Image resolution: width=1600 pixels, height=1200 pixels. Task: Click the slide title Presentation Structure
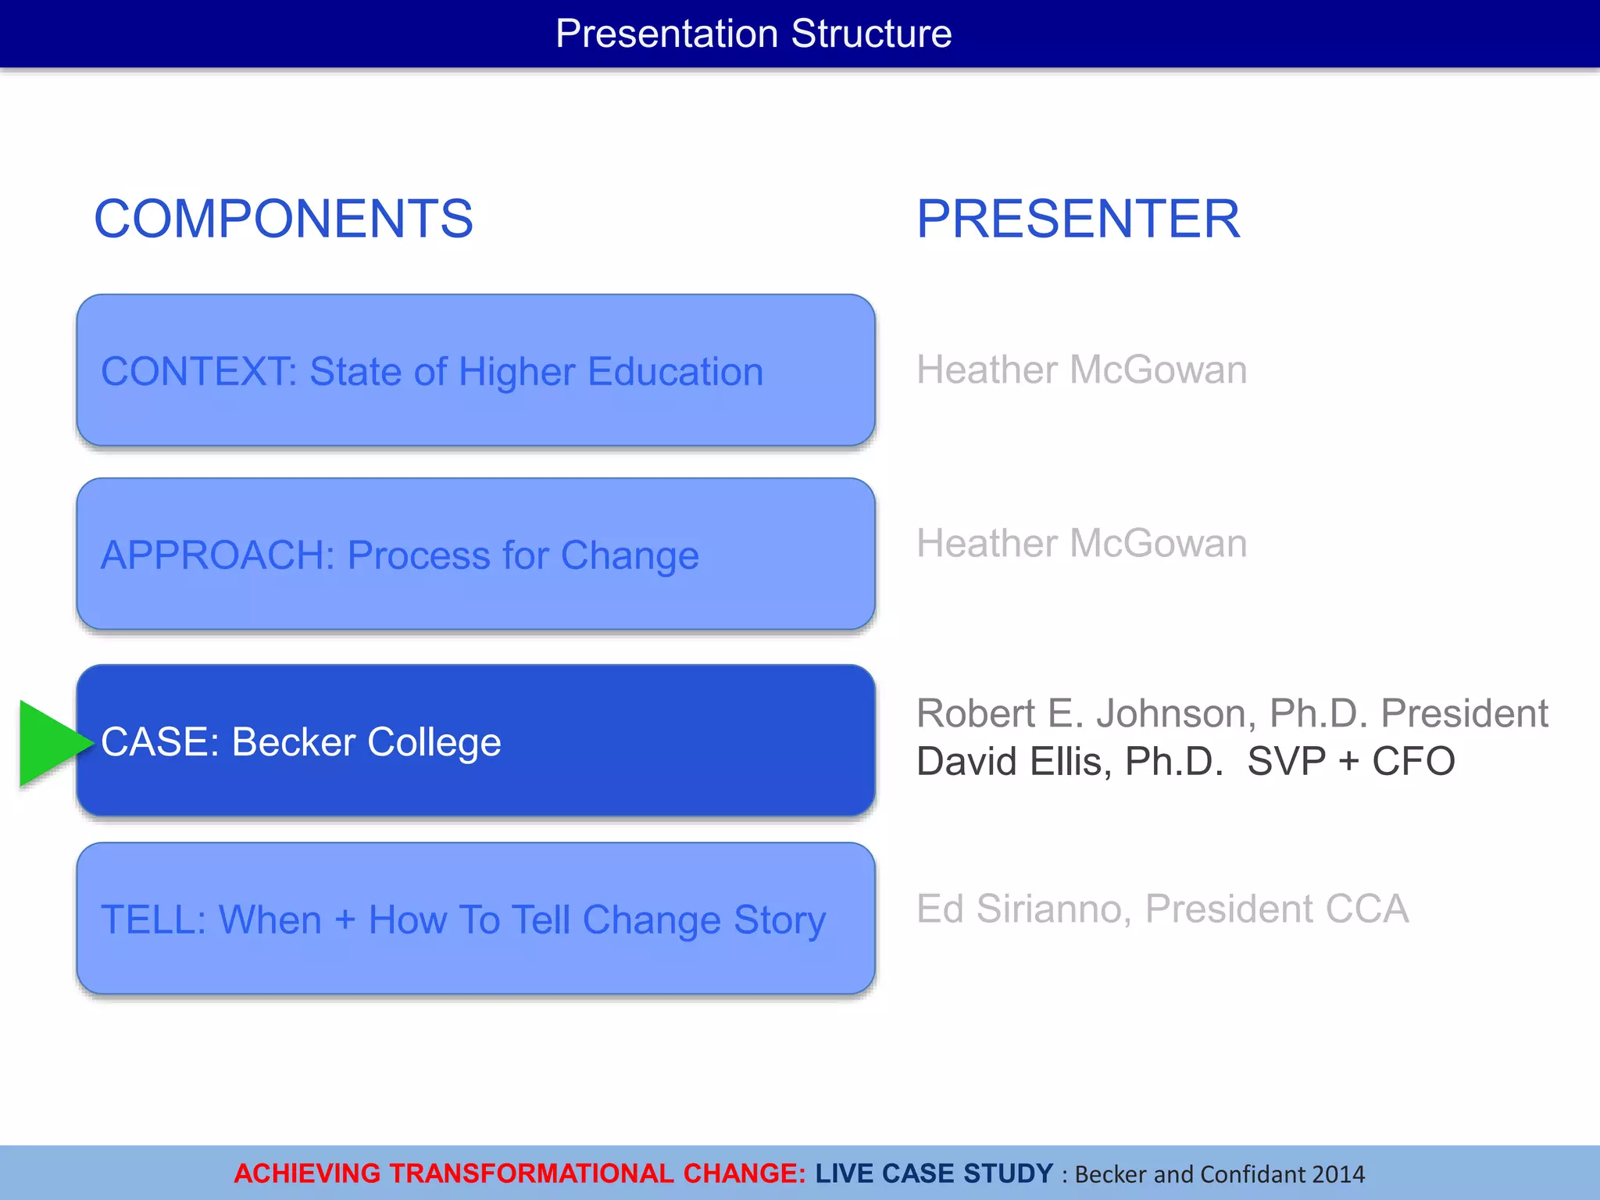click(753, 34)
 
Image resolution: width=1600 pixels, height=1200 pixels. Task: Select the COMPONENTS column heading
click(284, 219)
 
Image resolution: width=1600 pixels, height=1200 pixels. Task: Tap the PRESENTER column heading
click(1078, 219)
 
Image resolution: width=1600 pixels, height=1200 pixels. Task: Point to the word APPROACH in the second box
click(216, 555)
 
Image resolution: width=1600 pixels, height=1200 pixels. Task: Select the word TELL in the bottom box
click(152, 920)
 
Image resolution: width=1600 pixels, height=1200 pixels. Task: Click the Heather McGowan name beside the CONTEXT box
click(1081, 370)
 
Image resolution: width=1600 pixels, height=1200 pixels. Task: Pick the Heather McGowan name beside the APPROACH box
click(1081, 544)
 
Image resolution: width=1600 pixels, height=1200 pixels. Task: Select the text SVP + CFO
click(1351, 762)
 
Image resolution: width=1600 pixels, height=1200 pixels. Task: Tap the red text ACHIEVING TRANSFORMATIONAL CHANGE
click(520, 1173)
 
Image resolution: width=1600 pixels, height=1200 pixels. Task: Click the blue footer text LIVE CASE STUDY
click(934, 1173)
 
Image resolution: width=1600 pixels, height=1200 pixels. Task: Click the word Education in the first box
click(675, 372)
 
